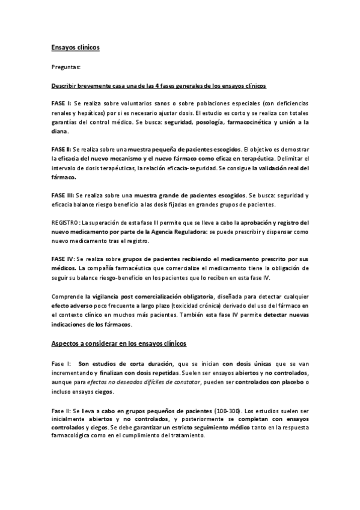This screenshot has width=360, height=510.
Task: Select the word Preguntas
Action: (x=67, y=69)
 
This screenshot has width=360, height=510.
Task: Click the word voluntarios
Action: (x=127, y=103)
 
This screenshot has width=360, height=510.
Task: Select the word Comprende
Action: (x=67, y=296)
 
